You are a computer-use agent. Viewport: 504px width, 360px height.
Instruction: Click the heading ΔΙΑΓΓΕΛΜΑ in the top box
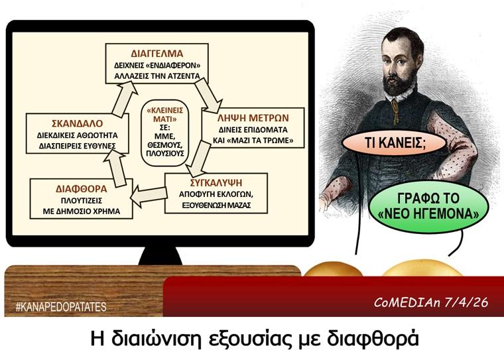pos(157,53)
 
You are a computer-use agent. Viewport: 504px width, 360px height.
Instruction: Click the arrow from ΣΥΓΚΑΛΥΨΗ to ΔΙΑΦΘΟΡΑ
pos(149,195)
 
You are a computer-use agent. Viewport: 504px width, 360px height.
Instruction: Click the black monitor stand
pos(160,255)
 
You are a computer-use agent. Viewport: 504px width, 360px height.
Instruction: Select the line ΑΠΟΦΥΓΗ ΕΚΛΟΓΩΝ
pos(216,194)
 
